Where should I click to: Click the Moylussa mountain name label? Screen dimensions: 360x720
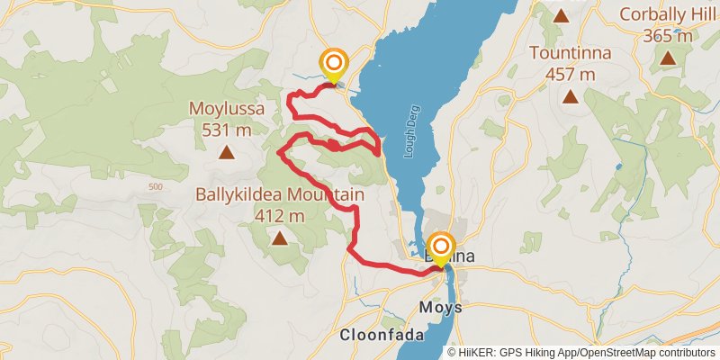pyautogui.click(x=227, y=109)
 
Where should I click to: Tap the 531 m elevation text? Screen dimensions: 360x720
pyautogui.click(x=227, y=130)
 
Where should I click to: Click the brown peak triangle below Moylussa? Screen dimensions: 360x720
pyautogui.click(x=227, y=152)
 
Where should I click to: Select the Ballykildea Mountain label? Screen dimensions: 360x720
pyautogui.click(x=280, y=195)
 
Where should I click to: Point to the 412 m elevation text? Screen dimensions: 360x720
pyautogui.click(x=280, y=216)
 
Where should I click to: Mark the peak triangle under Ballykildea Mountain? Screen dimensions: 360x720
pyautogui.click(x=280, y=238)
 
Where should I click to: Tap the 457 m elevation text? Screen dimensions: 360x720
pyautogui.click(x=571, y=74)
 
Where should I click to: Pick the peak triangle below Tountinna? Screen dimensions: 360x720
pyautogui.click(x=571, y=96)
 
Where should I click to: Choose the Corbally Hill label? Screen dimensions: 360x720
pyautogui.click(x=668, y=15)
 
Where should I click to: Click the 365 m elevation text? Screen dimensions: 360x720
pyautogui.click(x=668, y=36)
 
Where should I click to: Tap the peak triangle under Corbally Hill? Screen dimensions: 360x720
pyautogui.click(x=668, y=58)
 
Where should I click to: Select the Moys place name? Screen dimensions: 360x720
pyautogui.click(x=441, y=308)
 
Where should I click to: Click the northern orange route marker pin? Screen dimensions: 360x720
pyautogui.click(x=334, y=64)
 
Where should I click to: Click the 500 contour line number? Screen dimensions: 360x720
pyautogui.click(x=154, y=186)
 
